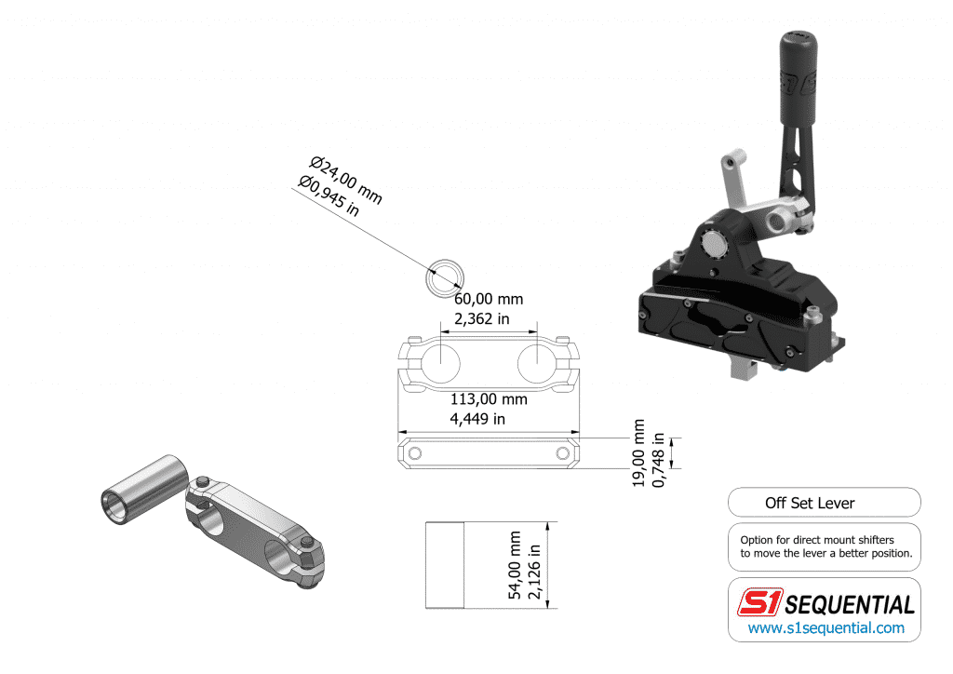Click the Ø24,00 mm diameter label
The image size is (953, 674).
346,181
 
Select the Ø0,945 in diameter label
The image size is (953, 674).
329,195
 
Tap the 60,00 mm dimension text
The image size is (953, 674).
489,300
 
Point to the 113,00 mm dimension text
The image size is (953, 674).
489,399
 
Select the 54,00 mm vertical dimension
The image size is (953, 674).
516,565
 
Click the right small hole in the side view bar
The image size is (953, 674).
563,453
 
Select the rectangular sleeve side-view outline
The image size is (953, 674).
444,565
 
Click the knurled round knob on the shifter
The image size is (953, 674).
714,244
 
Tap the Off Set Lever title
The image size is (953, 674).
810,503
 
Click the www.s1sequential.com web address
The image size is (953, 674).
826,627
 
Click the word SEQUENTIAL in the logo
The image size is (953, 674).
850,604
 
